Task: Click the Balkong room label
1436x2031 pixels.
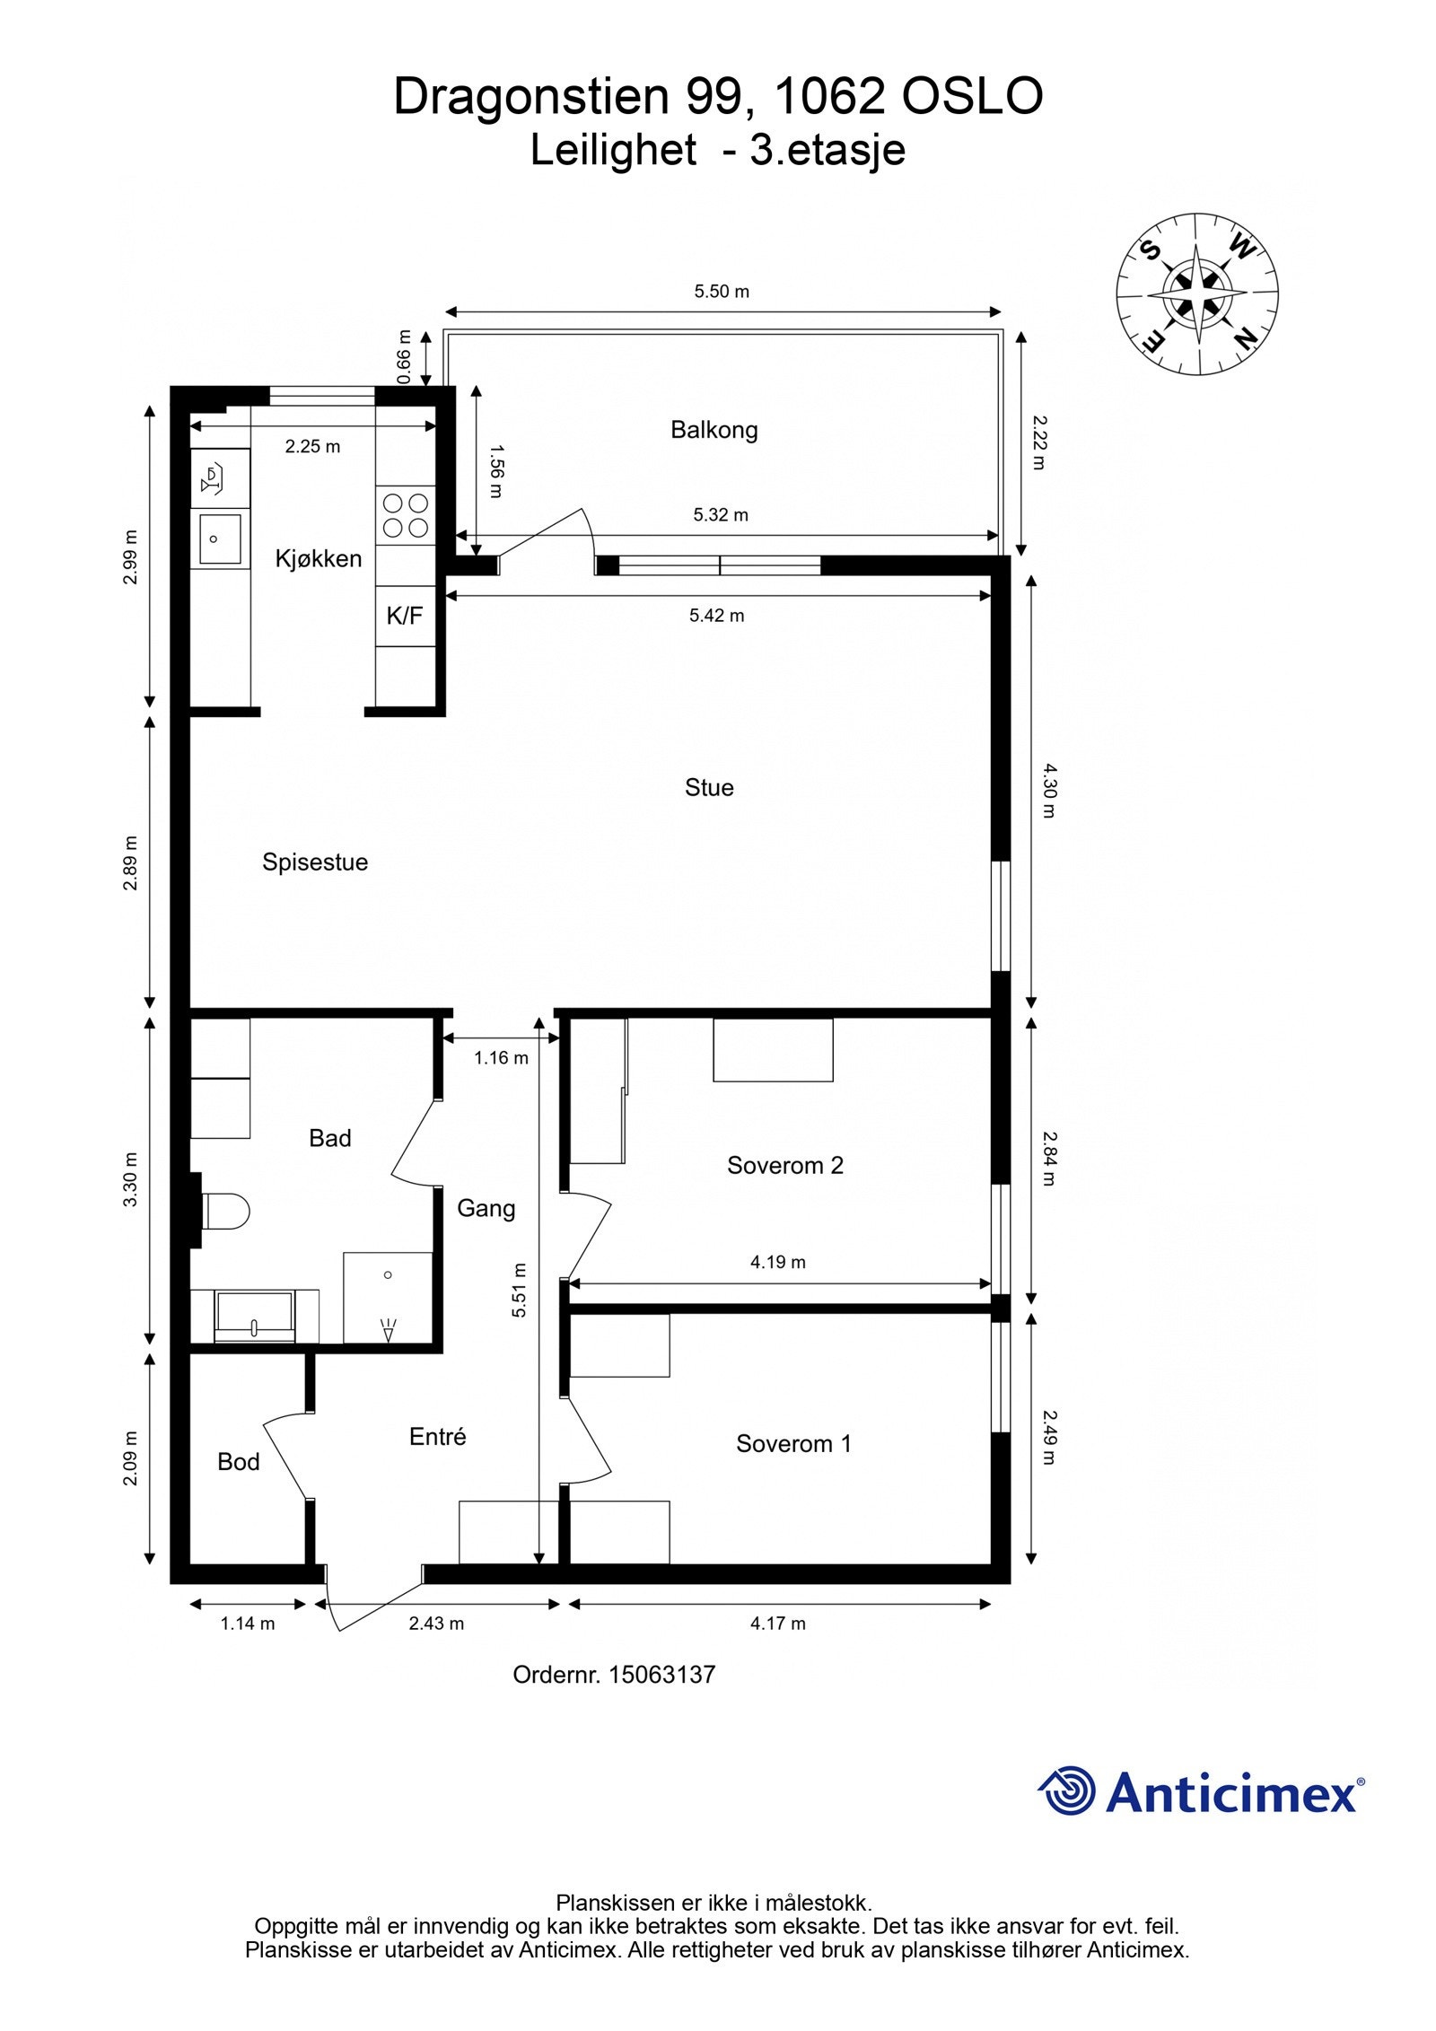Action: (x=714, y=430)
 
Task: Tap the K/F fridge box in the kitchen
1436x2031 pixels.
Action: (x=405, y=616)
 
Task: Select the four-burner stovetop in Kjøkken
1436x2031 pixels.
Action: (x=406, y=515)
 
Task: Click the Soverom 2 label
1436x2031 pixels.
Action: (x=785, y=1166)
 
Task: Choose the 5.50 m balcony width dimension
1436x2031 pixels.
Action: (x=722, y=292)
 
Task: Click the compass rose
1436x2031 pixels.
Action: (x=1197, y=293)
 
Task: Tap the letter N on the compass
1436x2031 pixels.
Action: (x=1245, y=338)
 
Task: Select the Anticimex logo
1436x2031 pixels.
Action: (x=1201, y=1792)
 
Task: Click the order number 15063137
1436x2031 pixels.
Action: (x=662, y=1675)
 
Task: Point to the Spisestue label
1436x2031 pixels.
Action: (x=315, y=862)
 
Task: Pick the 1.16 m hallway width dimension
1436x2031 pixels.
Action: (x=501, y=1058)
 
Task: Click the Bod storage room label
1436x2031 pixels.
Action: (x=239, y=1462)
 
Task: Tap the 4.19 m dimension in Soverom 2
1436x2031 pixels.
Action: (x=778, y=1262)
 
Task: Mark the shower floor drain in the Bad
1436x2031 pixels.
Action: (x=388, y=1274)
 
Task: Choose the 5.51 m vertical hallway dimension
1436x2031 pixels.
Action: (x=519, y=1291)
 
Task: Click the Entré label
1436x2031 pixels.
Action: (x=438, y=1437)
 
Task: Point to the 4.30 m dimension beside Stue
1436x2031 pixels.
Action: (x=1049, y=790)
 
